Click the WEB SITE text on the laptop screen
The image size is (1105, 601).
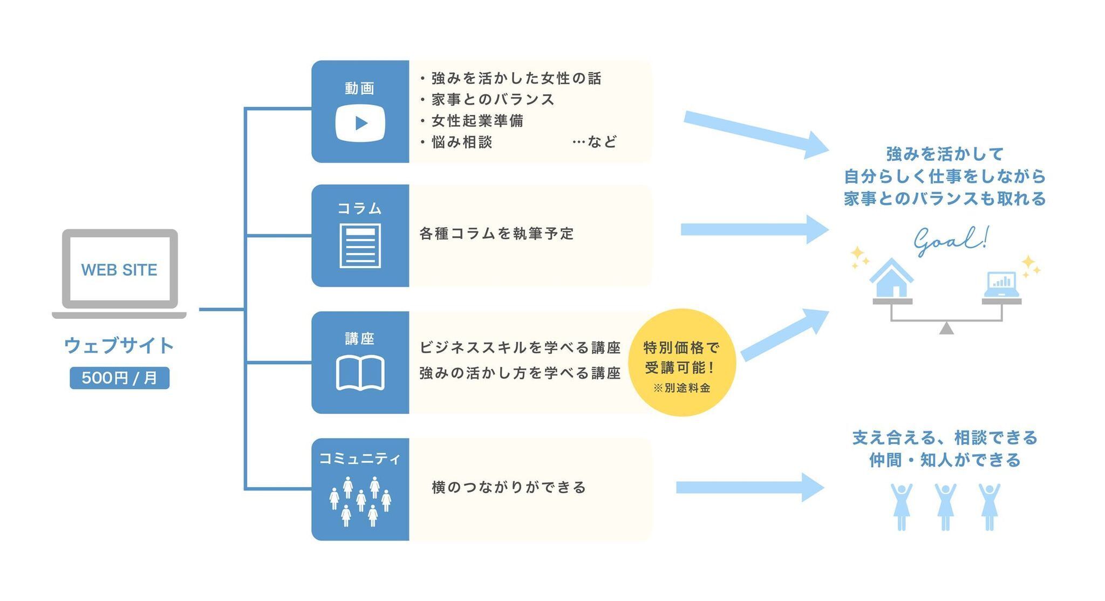click(119, 270)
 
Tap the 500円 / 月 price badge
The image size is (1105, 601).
click(119, 378)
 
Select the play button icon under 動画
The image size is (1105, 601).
click(360, 123)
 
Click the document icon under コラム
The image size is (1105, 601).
click(360, 245)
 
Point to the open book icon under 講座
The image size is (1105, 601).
click(360, 372)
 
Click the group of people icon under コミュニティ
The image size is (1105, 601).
click(360, 501)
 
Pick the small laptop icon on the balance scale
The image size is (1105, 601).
click(1001, 284)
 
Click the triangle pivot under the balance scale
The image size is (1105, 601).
click(946, 328)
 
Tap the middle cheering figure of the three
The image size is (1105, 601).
click(945, 507)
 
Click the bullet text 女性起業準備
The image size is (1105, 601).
click(478, 121)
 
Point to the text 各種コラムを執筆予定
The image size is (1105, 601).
click(496, 234)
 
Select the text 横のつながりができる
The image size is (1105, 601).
click(509, 487)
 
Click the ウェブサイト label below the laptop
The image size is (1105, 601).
click(119, 345)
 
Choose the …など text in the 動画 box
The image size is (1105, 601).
click(595, 142)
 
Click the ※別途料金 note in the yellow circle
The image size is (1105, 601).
click(681, 388)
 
